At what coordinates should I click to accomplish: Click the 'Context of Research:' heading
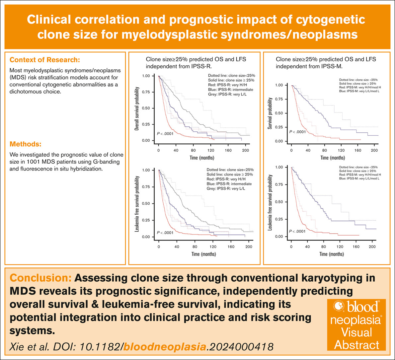45,60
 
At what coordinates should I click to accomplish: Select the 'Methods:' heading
26,144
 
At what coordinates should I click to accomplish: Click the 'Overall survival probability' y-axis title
137,108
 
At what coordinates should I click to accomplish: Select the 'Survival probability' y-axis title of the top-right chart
270,113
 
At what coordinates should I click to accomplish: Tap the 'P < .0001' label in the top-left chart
165,134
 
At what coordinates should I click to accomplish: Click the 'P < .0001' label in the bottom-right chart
297,231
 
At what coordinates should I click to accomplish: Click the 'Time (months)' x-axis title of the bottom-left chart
203,254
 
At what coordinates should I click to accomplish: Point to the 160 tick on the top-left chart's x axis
228,150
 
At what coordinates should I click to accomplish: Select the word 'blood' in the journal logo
362,307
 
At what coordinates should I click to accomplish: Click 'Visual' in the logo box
356,332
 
